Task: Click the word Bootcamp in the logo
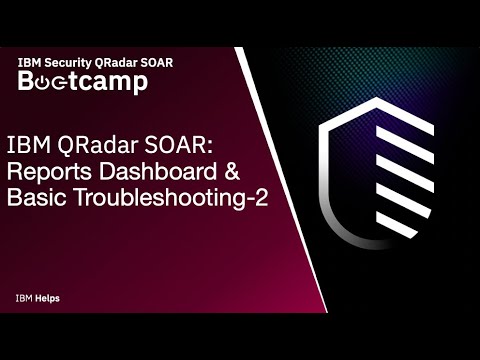pos(84,82)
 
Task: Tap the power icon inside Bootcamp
pos(50,82)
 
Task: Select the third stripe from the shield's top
pos(389,190)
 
